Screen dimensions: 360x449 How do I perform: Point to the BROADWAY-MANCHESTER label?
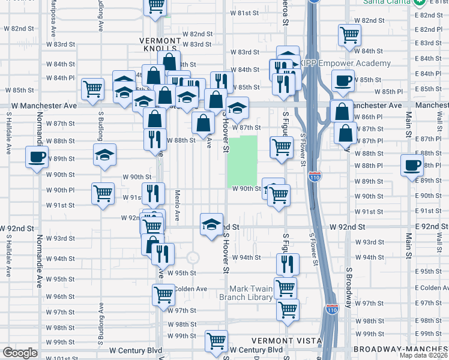[x=400, y=349]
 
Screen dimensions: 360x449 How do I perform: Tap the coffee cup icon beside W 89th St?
[x=412, y=166]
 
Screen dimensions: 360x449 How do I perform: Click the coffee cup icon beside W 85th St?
[x=342, y=80]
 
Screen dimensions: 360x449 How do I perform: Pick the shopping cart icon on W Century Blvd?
[x=216, y=341]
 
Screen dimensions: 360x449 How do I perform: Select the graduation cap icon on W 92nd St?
[x=210, y=224]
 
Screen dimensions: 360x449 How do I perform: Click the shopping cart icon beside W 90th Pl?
[x=103, y=193]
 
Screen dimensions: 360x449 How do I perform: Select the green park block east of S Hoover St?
[x=243, y=161]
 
